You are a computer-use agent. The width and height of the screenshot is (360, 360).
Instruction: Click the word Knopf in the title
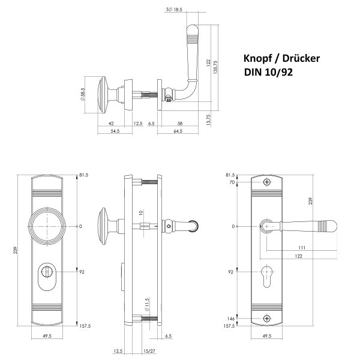tap(257, 59)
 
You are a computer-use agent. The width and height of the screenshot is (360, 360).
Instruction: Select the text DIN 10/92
tap(268, 73)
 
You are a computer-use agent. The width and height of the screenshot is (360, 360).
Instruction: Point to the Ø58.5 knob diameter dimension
tap(83, 94)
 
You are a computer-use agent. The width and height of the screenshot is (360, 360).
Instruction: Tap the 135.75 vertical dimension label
tap(215, 67)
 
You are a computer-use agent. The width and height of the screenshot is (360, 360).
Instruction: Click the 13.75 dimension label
tap(208, 119)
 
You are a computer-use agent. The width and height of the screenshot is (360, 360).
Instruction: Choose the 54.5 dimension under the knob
tap(115, 131)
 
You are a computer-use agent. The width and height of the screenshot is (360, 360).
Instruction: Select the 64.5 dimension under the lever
tap(178, 131)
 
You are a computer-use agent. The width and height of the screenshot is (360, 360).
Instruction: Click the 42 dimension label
tap(111, 124)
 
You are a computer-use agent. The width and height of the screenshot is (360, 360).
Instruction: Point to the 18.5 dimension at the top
tap(178, 10)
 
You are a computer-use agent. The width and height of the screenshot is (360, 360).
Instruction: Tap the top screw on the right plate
tap(267, 182)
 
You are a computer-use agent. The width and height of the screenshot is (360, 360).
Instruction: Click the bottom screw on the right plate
tap(267, 319)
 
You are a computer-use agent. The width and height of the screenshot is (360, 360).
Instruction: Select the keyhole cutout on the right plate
tap(266, 276)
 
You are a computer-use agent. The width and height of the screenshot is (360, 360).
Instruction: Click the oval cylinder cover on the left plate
tap(47, 277)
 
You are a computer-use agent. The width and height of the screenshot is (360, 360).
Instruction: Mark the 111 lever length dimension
tap(302, 248)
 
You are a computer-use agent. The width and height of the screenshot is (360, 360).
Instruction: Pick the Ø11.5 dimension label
tap(147, 304)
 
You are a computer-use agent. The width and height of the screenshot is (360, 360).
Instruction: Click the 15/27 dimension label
tap(149, 351)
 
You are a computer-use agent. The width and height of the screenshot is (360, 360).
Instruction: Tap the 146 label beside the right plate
tap(231, 319)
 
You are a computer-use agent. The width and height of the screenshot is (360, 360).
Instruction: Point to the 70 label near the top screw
tap(232, 182)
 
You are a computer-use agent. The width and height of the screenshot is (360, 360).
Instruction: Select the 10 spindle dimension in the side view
tap(141, 212)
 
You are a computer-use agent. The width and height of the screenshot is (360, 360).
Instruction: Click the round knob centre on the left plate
tap(47, 226)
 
